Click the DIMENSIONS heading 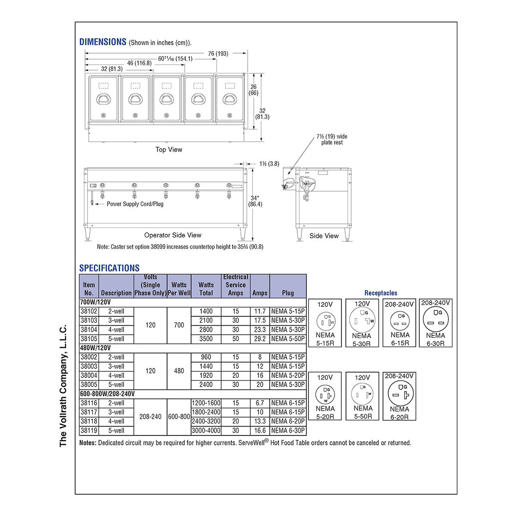click(x=103, y=42)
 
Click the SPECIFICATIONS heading click(x=109, y=268)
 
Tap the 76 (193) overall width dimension click(x=218, y=53)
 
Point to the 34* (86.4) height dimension click(x=255, y=201)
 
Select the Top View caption click(x=169, y=149)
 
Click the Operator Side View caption click(x=172, y=235)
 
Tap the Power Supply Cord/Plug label click(x=135, y=204)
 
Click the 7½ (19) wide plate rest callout click(x=332, y=139)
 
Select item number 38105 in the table click(x=89, y=339)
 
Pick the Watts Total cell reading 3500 click(x=206, y=339)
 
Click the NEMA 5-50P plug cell click(x=288, y=339)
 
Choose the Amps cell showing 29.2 click(x=260, y=339)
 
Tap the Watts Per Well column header click(x=179, y=289)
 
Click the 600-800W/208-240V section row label click(x=107, y=394)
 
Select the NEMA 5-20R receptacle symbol click(x=325, y=395)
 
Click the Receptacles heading click(x=381, y=293)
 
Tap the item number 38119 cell click(x=89, y=430)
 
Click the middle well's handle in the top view click(x=166, y=99)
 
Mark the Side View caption click(x=324, y=236)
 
